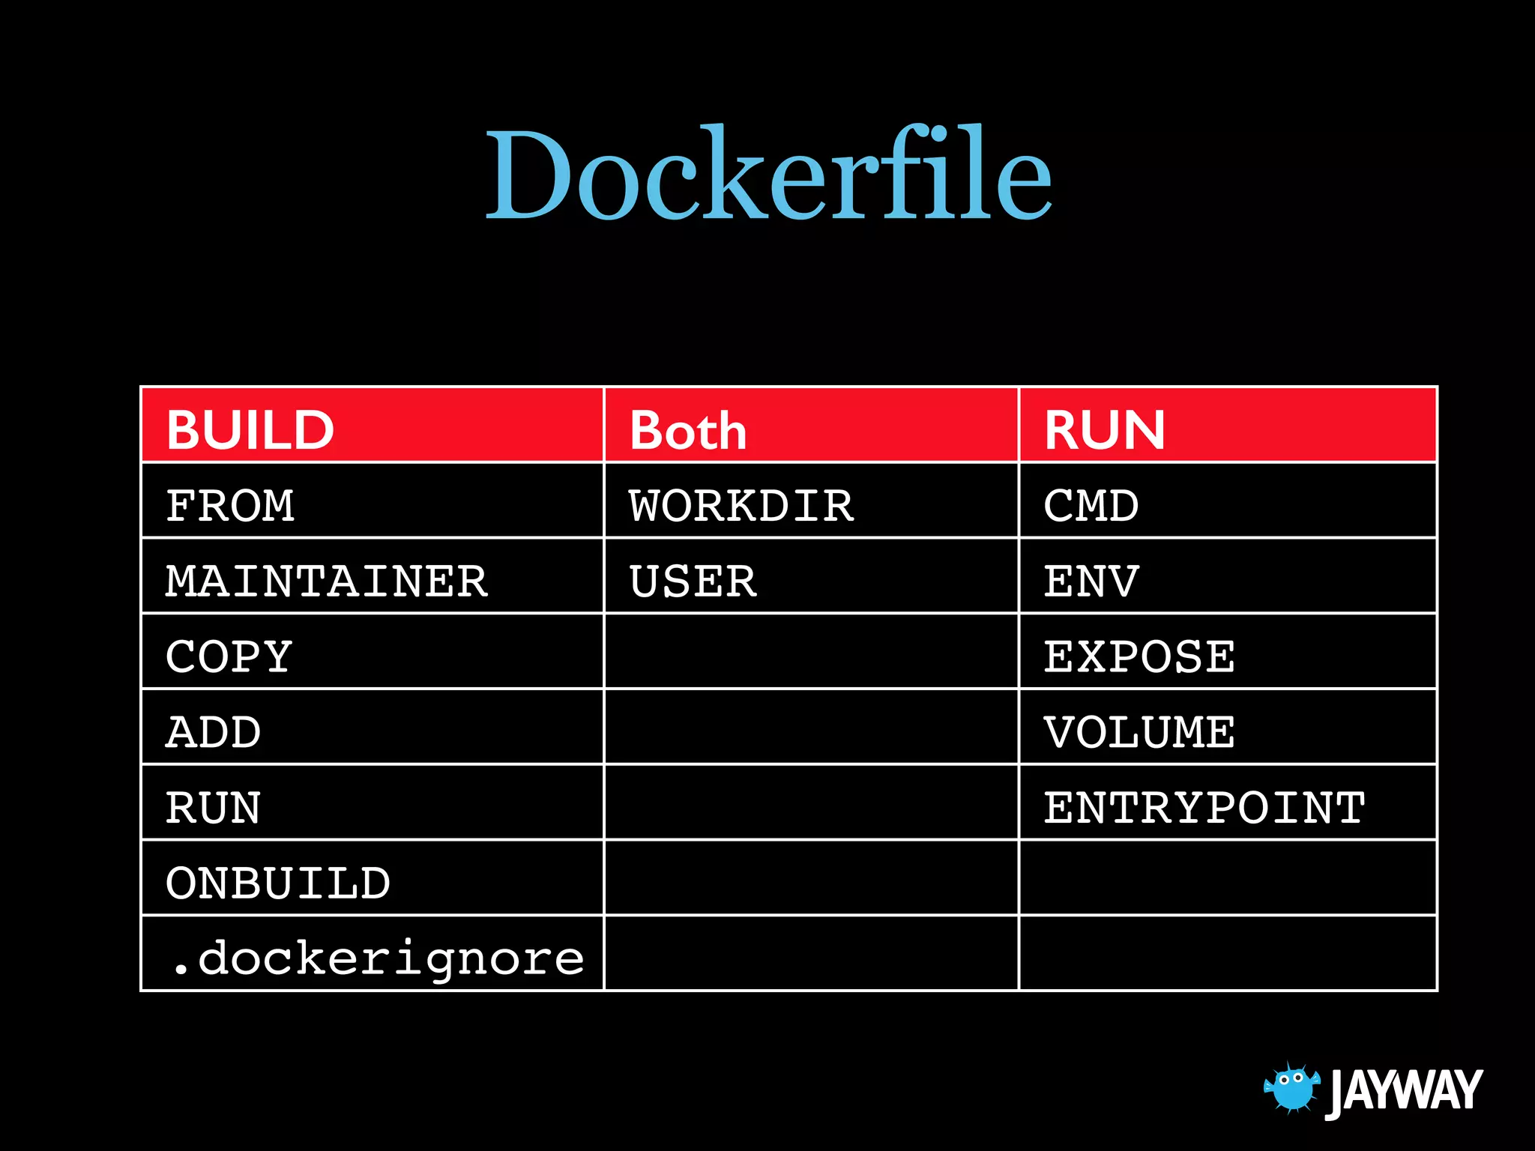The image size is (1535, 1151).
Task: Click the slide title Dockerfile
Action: [769, 174]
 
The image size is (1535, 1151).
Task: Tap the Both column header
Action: [688, 431]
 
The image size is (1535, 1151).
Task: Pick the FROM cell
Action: [230, 506]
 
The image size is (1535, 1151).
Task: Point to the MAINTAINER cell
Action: [327, 581]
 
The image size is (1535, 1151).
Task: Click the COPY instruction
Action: [229, 657]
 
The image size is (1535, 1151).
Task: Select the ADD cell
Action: [214, 732]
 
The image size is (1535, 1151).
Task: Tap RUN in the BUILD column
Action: [214, 808]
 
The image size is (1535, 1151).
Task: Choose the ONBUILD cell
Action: [278, 883]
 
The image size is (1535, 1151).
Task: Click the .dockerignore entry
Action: [376, 958]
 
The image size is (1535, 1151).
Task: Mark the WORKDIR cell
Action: [741, 506]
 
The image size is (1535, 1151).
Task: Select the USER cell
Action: [693, 581]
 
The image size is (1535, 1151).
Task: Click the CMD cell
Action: [1091, 506]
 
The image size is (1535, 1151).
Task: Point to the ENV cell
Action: [1091, 581]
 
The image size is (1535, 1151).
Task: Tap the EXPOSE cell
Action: [1139, 657]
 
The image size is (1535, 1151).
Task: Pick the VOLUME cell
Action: [1139, 732]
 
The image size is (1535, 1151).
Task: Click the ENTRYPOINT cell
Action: [1204, 808]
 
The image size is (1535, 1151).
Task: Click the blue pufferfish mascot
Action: [1291, 1087]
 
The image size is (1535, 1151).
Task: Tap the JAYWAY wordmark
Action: [1404, 1091]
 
